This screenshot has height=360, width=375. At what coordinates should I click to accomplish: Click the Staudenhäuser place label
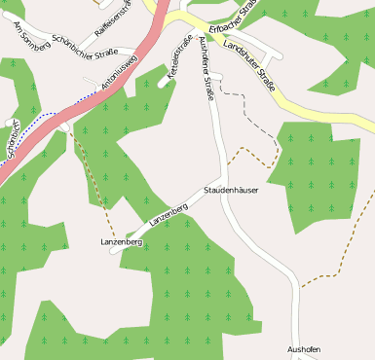(x=231, y=190)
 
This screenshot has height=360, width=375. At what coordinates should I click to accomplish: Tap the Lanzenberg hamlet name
(x=122, y=240)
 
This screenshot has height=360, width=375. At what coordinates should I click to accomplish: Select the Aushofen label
(x=304, y=348)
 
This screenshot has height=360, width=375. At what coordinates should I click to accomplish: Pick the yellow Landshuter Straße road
(x=321, y=113)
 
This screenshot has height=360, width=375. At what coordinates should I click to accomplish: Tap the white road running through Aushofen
(x=295, y=311)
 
